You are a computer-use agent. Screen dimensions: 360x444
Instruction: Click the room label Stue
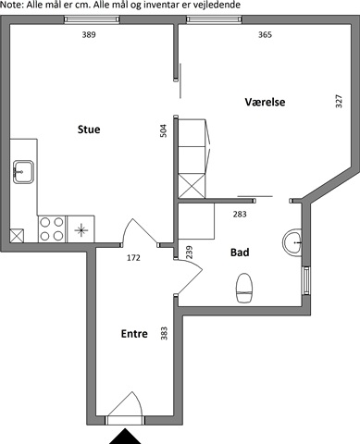pyautogui.click(x=89, y=129)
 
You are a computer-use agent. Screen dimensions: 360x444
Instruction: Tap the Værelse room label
pyautogui.click(x=265, y=102)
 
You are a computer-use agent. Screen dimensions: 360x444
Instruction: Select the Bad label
pyautogui.click(x=240, y=253)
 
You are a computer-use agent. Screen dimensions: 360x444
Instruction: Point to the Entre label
pyautogui.click(x=134, y=334)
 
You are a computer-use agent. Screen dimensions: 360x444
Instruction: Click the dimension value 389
pyautogui.click(x=89, y=34)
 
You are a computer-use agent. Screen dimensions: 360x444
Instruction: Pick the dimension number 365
pyautogui.click(x=265, y=34)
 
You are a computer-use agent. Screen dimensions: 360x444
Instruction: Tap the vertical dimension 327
pyautogui.click(x=339, y=101)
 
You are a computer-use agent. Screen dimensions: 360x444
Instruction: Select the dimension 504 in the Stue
pyautogui.click(x=164, y=130)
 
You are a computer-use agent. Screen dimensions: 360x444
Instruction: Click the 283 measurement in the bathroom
pyautogui.click(x=240, y=214)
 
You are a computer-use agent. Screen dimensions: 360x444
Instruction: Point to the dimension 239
pyautogui.click(x=189, y=252)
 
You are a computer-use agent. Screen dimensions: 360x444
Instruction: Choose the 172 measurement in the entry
pyautogui.click(x=133, y=257)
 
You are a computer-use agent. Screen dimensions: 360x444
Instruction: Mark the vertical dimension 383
pyautogui.click(x=164, y=333)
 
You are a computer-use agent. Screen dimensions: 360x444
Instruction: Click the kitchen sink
pyautogui.click(x=23, y=172)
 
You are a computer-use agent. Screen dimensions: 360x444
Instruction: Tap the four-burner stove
pyautogui.click(x=52, y=229)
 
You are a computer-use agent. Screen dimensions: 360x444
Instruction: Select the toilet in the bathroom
pyautogui.click(x=244, y=288)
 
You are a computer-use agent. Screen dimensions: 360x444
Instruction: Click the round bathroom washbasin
pyautogui.click(x=292, y=242)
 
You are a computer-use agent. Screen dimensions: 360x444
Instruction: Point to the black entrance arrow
pyautogui.click(x=125, y=436)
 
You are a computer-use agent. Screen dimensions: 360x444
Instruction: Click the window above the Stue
pyautogui.click(x=92, y=20)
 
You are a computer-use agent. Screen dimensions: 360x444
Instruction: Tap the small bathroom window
pyautogui.click(x=306, y=280)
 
